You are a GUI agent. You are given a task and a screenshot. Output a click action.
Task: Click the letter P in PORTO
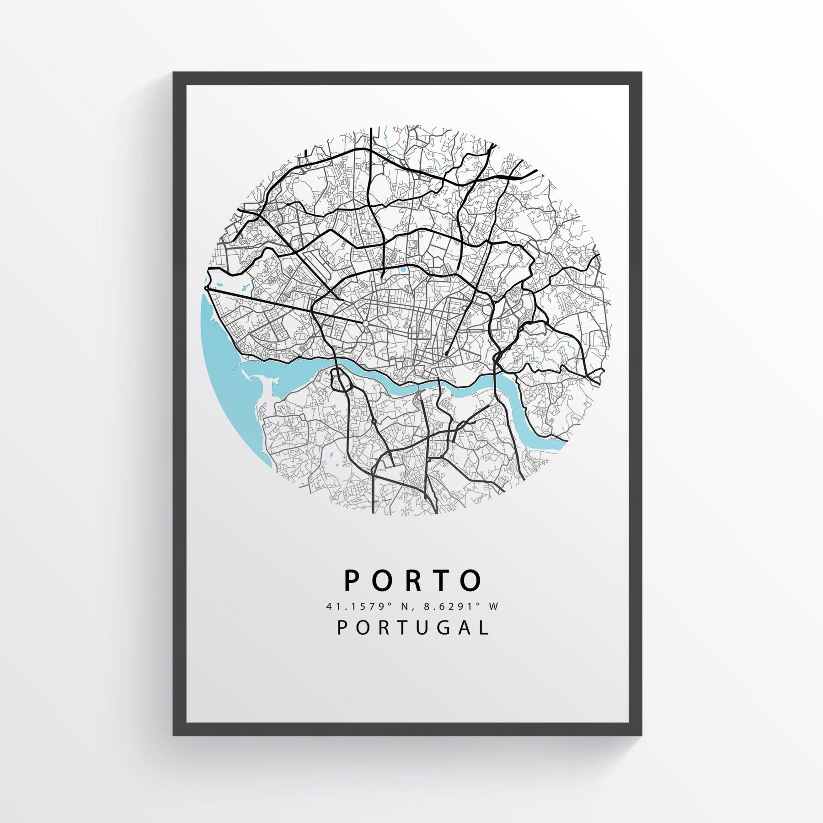click(353, 581)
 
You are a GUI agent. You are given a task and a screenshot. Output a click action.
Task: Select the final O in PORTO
click(471, 581)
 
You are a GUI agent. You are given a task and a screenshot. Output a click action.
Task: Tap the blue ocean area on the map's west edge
click(219, 347)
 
